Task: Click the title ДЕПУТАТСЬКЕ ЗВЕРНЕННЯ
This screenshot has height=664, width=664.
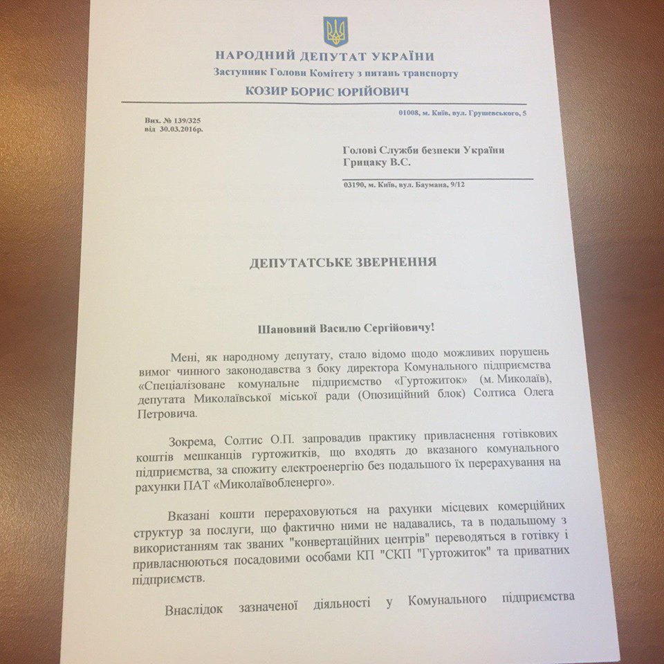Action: (339, 263)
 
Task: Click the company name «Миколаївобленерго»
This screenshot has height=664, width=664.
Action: (277, 484)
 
